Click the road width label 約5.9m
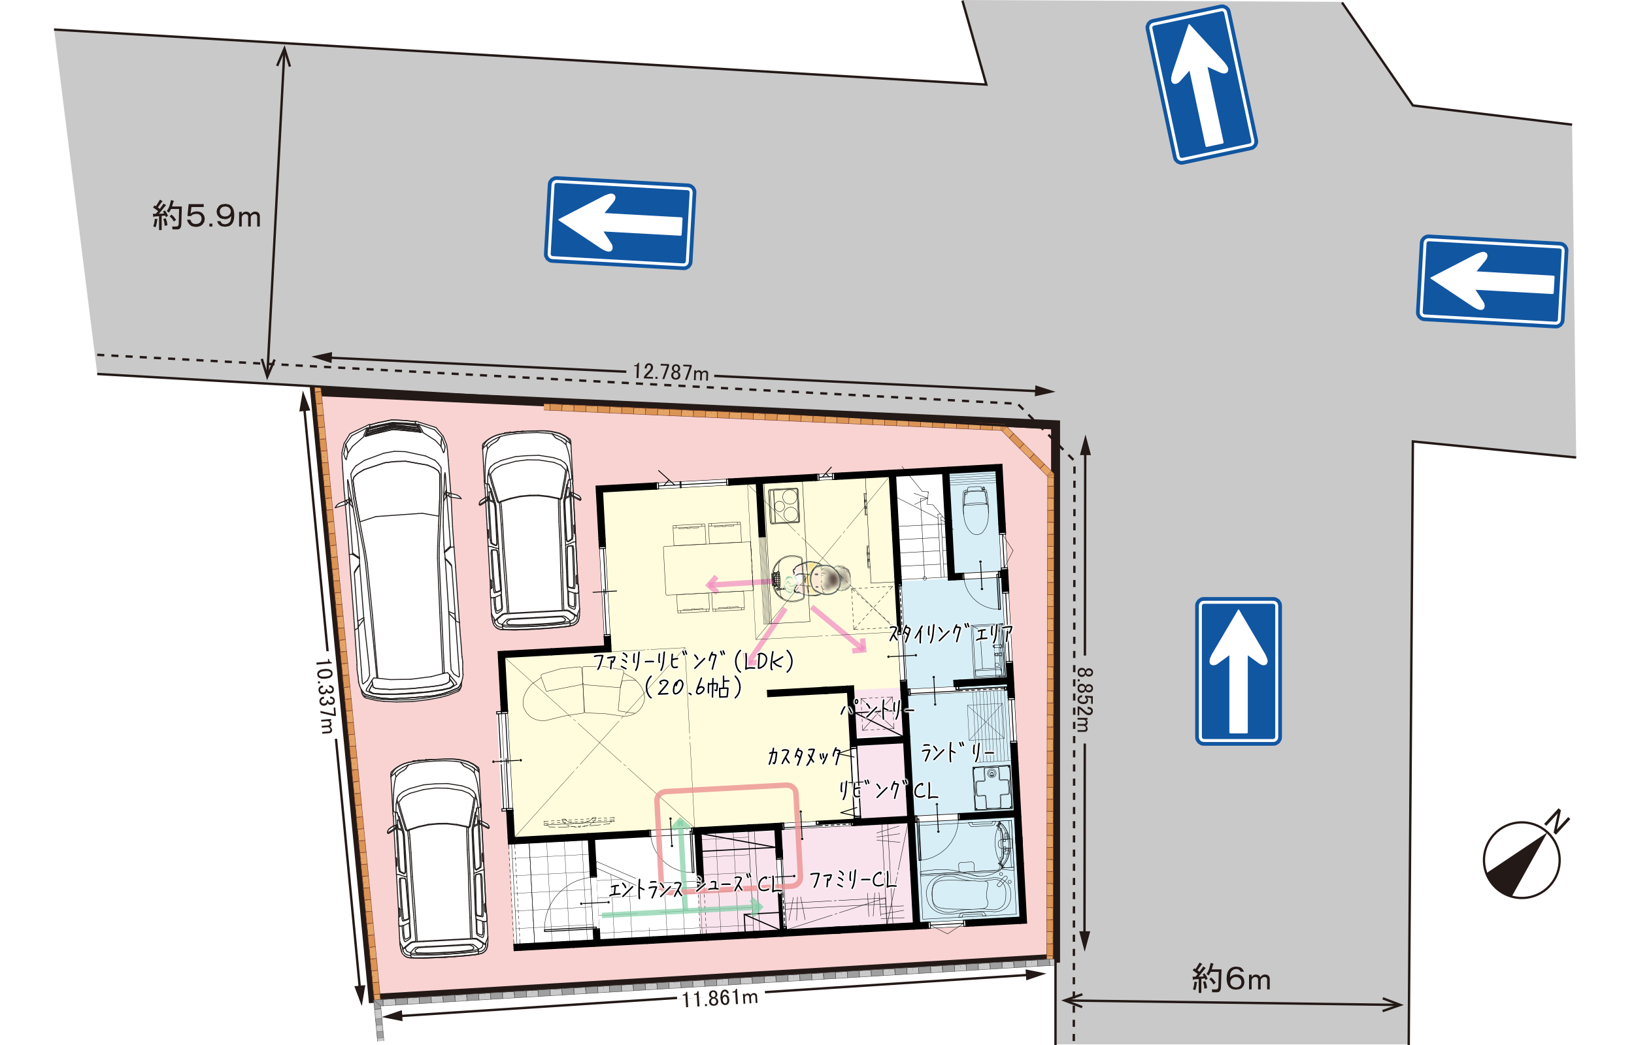207,216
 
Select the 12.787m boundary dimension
671,372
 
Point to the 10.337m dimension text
325,696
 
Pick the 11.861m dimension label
720,998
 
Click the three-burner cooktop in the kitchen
784,505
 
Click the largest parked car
403,560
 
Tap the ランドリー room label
957,752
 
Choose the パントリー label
877,710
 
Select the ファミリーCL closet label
853,880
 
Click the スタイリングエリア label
950,633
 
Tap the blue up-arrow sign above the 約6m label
1238,671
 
